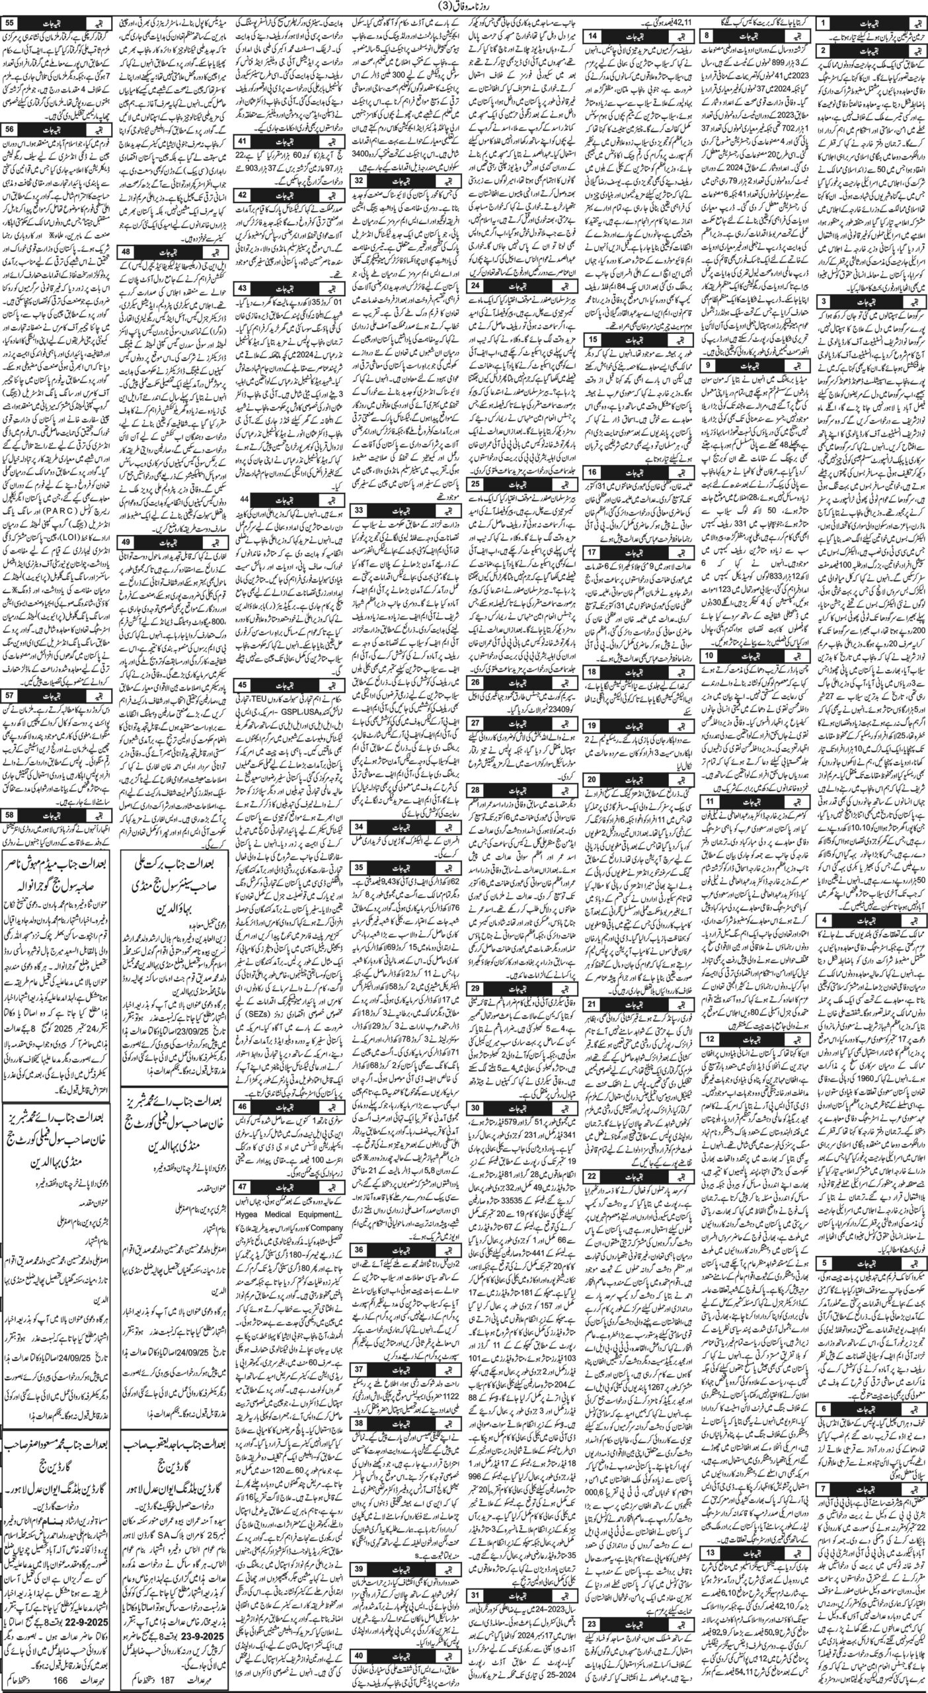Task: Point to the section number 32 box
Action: [x=360, y=197]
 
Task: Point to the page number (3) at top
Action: [x=463, y=7]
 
